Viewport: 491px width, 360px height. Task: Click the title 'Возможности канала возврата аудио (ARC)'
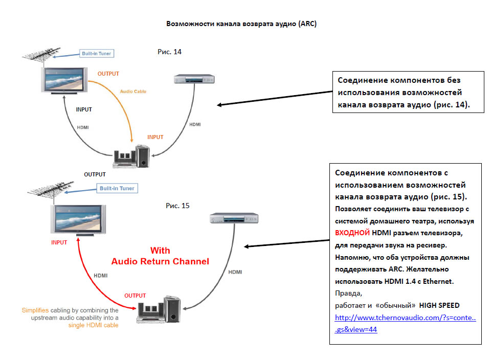pos(242,24)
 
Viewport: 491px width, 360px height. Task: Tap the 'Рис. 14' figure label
pos(170,52)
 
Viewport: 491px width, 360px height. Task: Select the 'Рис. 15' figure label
pos(177,206)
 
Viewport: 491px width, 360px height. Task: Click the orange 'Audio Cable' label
pos(133,92)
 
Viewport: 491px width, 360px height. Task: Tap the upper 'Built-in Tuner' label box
pos(96,53)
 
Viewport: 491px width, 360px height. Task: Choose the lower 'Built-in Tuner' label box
pos(117,188)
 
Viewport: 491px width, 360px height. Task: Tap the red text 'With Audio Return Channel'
pos(160,256)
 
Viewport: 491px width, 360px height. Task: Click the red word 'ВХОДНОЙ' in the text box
pos(352,233)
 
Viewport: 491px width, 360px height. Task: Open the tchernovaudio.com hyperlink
pos(406,318)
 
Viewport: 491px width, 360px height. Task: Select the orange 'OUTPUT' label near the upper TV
pos(108,74)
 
